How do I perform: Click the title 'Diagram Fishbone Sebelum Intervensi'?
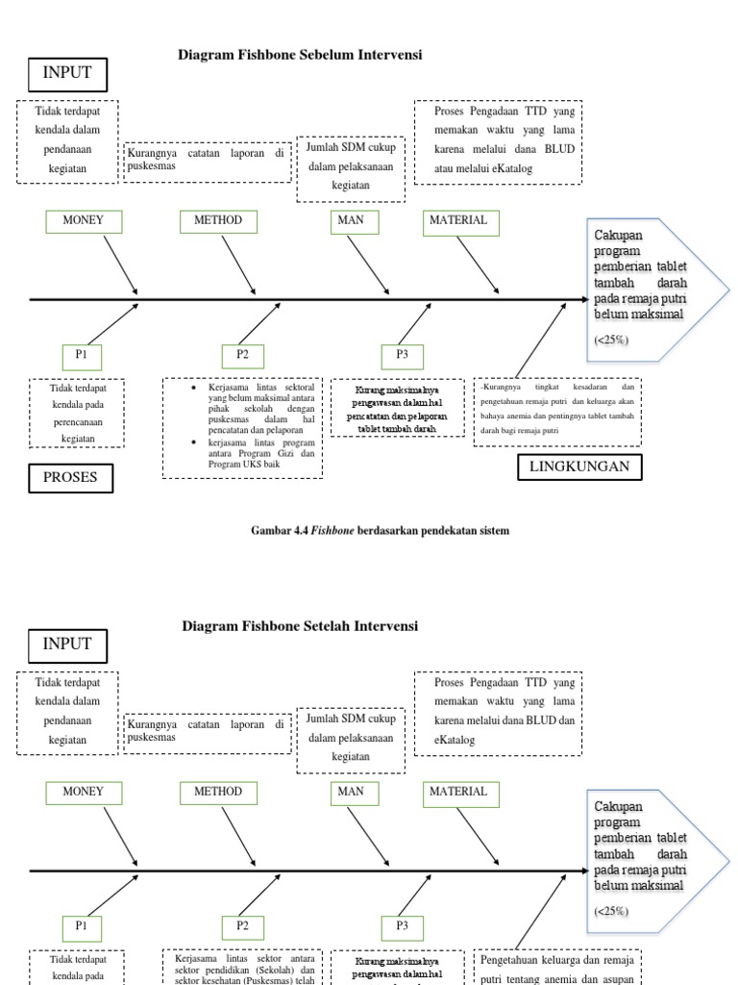coord(300,56)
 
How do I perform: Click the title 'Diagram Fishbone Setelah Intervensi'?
coord(300,626)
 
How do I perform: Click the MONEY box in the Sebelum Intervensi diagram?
coord(83,221)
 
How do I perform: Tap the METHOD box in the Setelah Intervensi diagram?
coord(218,792)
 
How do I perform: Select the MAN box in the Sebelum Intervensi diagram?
coord(351,221)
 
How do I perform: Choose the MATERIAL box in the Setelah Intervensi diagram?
coord(458,792)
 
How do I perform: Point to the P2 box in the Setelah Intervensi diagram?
coord(243,926)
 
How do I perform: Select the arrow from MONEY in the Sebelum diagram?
coord(120,264)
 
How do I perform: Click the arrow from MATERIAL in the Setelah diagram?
coord(478,834)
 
